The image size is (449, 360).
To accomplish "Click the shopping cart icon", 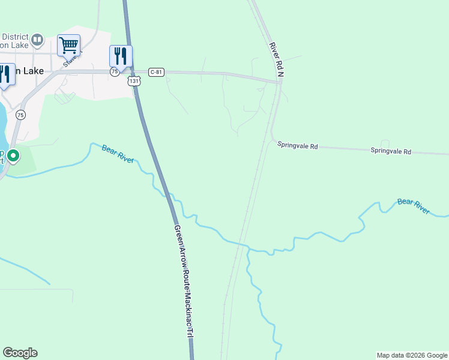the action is point(68,44).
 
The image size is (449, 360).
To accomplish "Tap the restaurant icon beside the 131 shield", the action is point(121,56).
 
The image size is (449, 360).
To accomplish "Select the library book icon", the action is point(37,40).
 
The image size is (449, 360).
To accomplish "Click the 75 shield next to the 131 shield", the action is point(114,71).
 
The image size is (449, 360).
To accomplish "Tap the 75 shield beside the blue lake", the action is point(21,115).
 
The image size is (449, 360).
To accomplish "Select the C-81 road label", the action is point(156,72).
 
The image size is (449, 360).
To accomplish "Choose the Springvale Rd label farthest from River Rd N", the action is point(391,151).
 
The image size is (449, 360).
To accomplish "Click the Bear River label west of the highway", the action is point(118,153).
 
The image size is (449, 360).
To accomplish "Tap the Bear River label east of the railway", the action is point(414,206).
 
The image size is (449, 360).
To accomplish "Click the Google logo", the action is point(20,353).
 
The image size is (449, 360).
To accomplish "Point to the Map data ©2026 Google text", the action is point(411,355).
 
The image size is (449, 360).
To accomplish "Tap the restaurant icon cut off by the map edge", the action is point(5,74).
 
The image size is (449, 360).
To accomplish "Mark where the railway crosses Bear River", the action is point(244,244).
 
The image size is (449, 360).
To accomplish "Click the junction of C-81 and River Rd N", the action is point(279,83).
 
